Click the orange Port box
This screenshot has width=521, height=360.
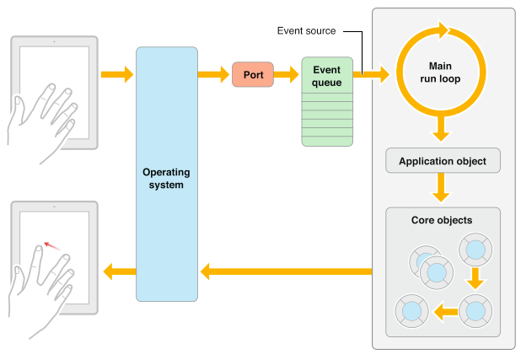click(254, 75)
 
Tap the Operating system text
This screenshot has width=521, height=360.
click(167, 178)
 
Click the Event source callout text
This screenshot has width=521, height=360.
click(306, 31)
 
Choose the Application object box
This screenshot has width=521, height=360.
click(442, 160)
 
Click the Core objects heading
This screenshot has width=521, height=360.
click(442, 221)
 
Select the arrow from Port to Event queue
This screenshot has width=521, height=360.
click(289, 75)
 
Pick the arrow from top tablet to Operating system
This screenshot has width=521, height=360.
click(117, 75)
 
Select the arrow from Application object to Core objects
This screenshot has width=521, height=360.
click(440, 188)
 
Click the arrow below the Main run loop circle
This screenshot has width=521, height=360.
click(440, 129)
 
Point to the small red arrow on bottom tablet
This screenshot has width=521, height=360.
click(52, 245)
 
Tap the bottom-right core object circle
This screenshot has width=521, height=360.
click(475, 310)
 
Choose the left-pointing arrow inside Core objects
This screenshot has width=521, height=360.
click(443, 311)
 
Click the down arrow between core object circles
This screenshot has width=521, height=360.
click(475, 277)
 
